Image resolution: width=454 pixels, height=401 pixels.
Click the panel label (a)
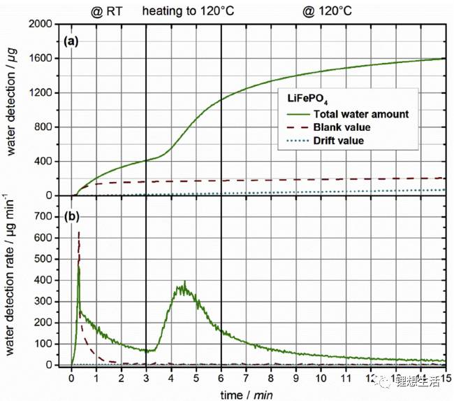71,41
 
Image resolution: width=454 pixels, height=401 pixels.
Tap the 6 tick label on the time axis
221,378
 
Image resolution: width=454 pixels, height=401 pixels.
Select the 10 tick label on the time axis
321,378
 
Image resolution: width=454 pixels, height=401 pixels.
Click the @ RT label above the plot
107,10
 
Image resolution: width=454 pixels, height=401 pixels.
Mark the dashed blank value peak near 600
79,234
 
